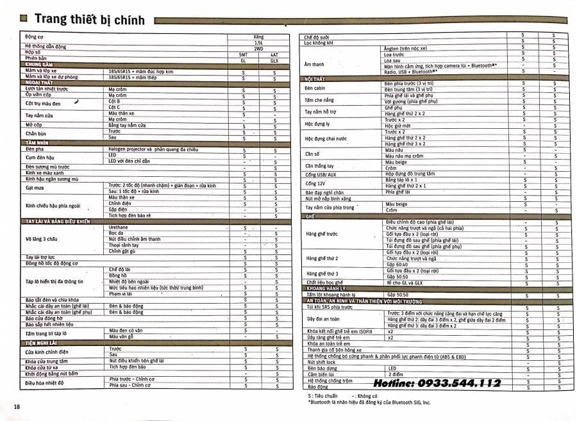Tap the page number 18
[x=17, y=407]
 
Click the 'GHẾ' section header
[x=309, y=217]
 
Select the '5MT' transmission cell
[x=243, y=54]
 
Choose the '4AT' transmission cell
[x=274, y=54]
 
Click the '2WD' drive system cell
[x=258, y=49]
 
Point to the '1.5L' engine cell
[x=258, y=43]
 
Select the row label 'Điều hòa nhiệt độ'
[x=44, y=383]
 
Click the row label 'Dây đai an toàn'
[x=323, y=318]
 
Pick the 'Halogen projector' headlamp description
[x=153, y=149]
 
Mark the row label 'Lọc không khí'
[x=319, y=42]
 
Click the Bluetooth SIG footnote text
[x=369, y=402]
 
